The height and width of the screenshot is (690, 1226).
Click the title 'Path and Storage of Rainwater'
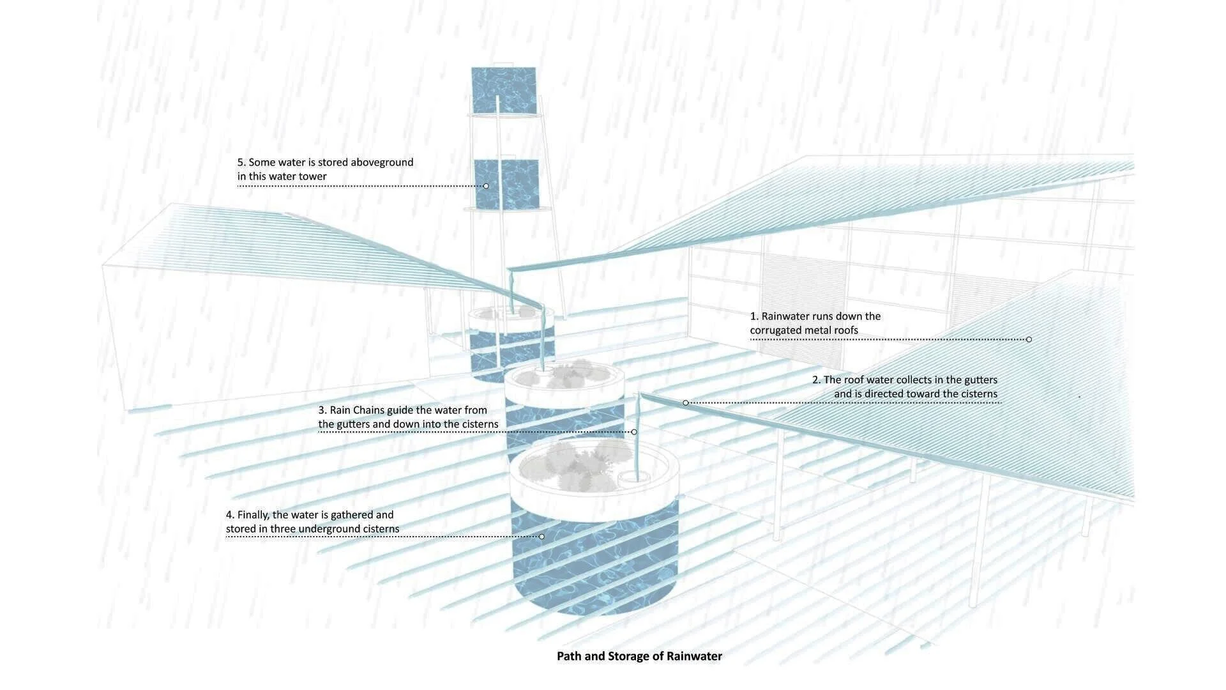pos(639,656)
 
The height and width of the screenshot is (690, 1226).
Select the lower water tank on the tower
pos(506,184)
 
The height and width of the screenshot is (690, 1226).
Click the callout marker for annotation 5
pos(486,186)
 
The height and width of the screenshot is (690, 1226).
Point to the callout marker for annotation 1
pos(1029,339)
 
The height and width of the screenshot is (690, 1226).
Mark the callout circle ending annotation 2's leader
pos(686,402)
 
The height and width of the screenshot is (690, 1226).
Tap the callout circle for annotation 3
pos(634,432)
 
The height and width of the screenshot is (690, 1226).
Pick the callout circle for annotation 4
pos(541,536)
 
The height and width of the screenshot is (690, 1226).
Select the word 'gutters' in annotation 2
pos(977,379)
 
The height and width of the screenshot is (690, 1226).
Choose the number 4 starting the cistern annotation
pos(229,515)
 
